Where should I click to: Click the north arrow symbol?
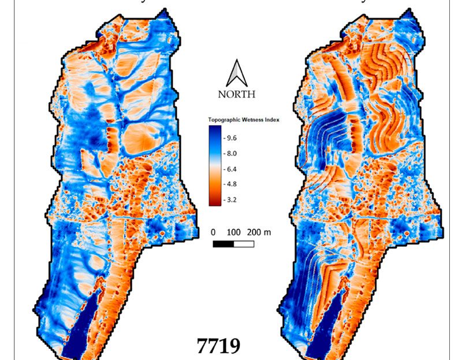coord(236,73)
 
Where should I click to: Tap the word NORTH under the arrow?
coord(236,93)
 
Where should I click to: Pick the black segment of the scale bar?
coord(223,243)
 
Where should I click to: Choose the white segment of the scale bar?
coord(244,243)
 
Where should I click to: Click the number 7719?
coord(219,346)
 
